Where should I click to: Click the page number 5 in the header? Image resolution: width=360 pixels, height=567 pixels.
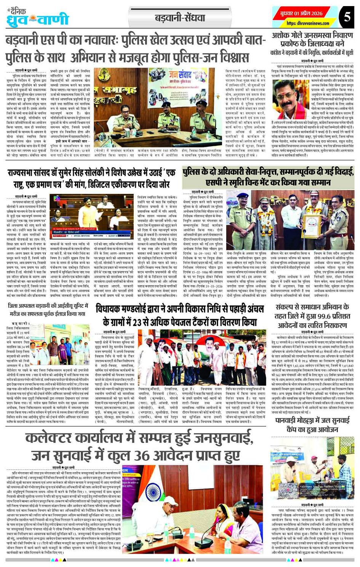pyautogui.click(x=347, y=17)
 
